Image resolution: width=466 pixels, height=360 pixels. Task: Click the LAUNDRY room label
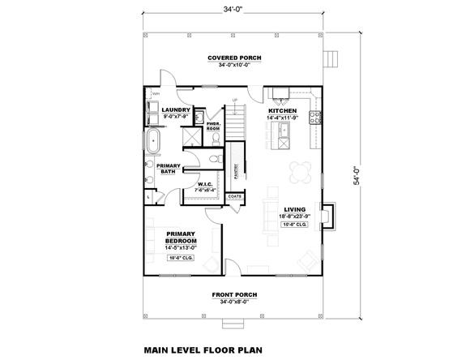click(x=176, y=109)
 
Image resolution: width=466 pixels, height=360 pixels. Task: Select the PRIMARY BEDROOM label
click(x=180, y=241)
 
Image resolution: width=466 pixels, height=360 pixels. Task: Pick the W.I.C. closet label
click(x=205, y=184)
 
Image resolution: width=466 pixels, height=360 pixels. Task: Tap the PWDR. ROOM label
click(x=213, y=126)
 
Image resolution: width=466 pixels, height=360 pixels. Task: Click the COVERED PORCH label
click(x=233, y=58)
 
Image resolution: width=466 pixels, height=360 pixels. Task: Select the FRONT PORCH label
click(x=233, y=295)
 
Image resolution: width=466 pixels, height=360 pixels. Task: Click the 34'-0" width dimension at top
click(x=233, y=9)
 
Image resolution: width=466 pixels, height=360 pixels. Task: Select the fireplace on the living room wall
click(x=327, y=215)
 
